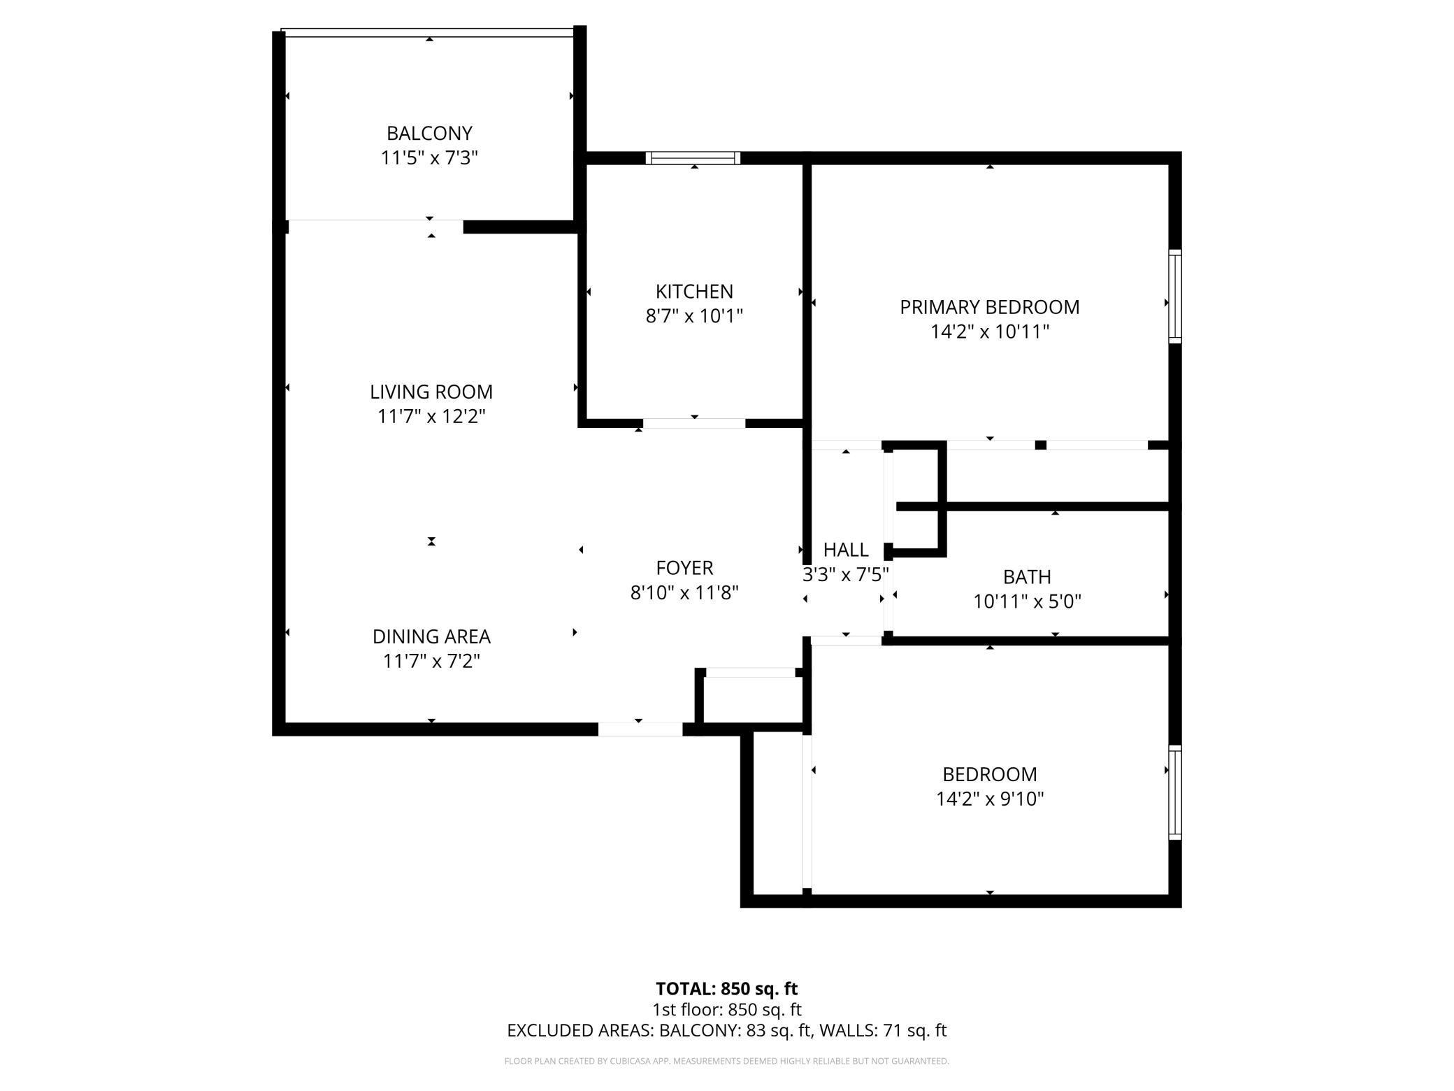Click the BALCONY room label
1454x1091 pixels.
click(x=429, y=133)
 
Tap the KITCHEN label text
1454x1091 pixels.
click(x=693, y=291)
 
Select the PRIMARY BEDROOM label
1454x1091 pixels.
click(x=989, y=307)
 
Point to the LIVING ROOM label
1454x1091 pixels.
click(x=431, y=392)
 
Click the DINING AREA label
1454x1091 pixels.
click(x=431, y=636)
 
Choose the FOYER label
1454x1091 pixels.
click(x=684, y=568)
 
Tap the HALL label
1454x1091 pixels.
click(x=846, y=550)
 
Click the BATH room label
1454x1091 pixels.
click(x=1027, y=577)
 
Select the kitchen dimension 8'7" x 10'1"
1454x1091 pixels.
click(x=693, y=316)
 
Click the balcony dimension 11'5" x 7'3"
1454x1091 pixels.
click(x=429, y=158)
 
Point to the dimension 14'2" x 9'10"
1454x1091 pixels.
click(x=990, y=799)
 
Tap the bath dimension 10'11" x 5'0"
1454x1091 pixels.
click(x=1027, y=601)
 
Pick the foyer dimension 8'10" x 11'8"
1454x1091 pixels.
click(x=684, y=593)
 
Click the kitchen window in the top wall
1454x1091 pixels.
click(x=693, y=158)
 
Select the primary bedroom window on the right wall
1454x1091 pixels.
click(x=1175, y=297)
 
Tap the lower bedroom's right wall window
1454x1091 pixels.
click(x=1175, y=792)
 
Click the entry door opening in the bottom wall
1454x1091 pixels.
click(x=640, y=729)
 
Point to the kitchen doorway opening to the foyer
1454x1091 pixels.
click(x=694, y=423)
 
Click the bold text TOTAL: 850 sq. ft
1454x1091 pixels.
click(x=726, y=989)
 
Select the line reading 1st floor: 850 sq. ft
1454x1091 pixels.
click(x=726, y=1010)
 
